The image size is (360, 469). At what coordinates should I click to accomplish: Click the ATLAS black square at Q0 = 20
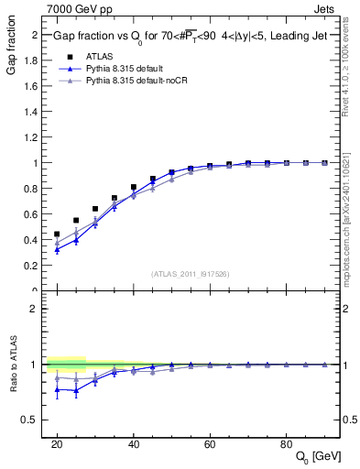(57, 234)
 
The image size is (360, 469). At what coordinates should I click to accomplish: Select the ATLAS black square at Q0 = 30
(95, 209)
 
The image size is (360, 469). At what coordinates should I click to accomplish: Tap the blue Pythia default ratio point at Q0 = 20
(57, 389)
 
